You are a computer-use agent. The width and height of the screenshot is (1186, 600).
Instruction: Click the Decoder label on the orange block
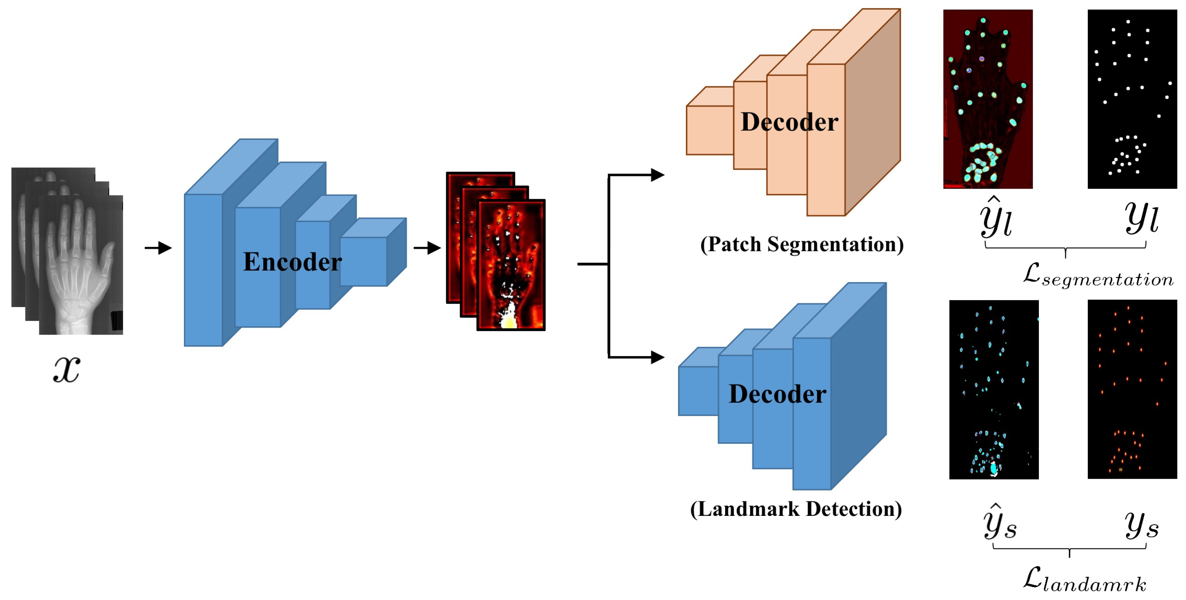coord(789,122)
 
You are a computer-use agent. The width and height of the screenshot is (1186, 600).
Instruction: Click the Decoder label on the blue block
coord(777,394)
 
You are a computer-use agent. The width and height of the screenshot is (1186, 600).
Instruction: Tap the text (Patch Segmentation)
coord(802,244)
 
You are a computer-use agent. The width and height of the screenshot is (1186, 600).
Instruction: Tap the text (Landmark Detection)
coord(796,509)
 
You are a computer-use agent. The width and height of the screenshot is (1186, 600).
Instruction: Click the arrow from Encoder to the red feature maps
coord(427,248)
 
